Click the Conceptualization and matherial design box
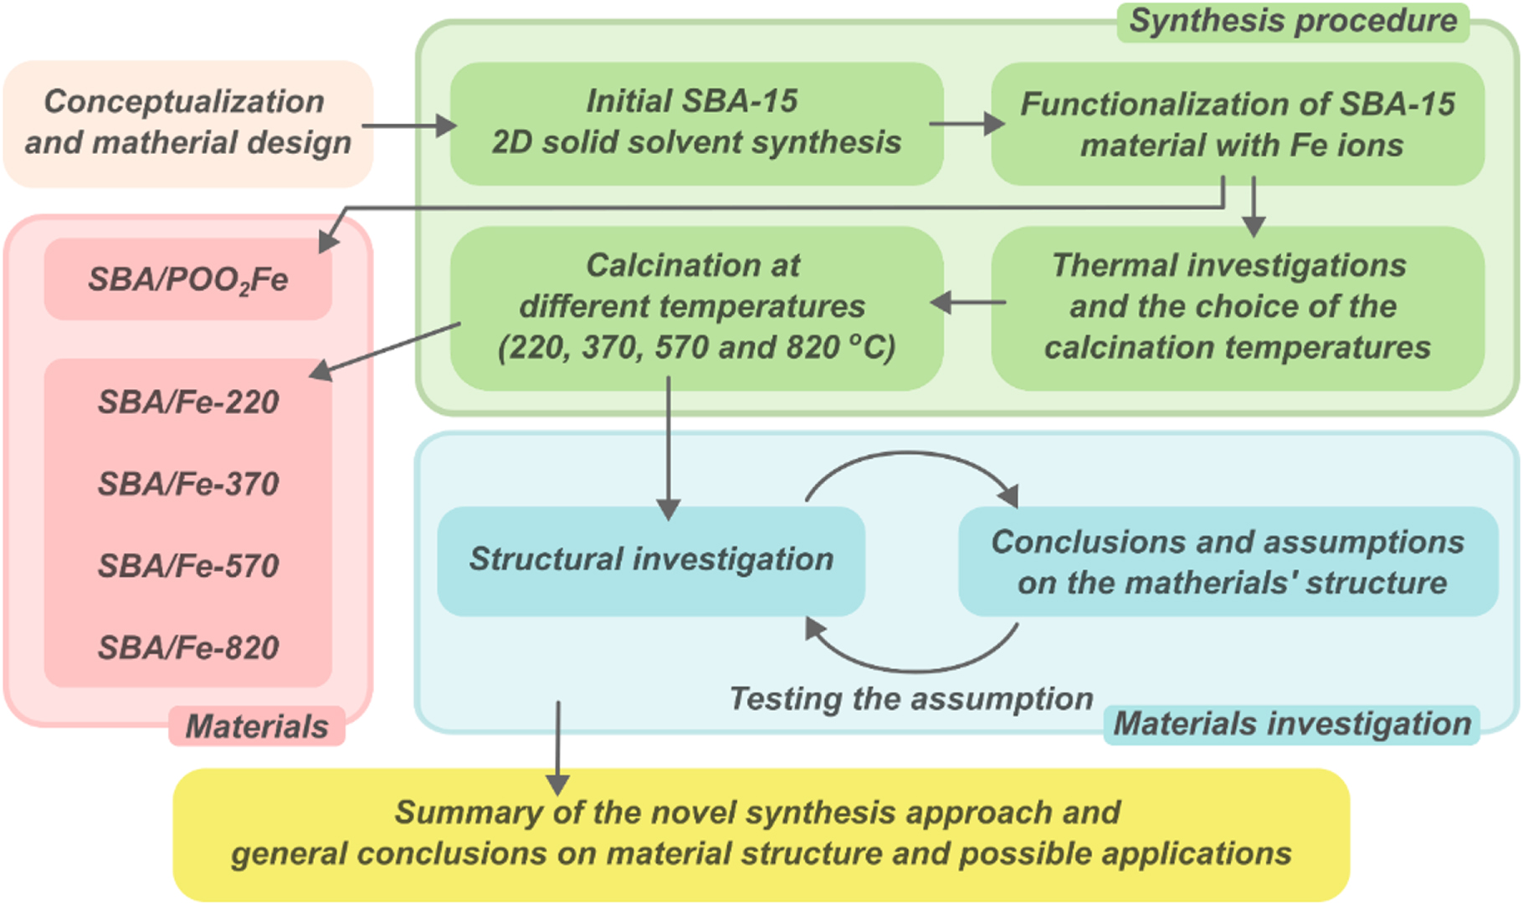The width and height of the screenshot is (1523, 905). point(187,123)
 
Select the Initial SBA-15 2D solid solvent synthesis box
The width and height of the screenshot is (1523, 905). point(695,123)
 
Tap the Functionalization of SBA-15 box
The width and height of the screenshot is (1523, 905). point(1237,124)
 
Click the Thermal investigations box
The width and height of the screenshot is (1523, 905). point(1237,307)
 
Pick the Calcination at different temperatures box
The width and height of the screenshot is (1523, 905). point(695,307)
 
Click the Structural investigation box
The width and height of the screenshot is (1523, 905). point(650,560)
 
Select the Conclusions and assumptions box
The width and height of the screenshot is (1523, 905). point(1227,562)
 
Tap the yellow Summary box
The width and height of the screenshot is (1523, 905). point(760,834)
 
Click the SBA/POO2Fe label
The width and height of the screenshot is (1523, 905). point(187,280)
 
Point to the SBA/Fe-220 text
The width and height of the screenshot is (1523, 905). point(187,403)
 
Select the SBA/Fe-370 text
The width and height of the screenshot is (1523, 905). point(187,484)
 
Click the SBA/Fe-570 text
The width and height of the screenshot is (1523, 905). point(187,566)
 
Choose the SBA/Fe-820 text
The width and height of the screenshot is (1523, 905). point(187,648)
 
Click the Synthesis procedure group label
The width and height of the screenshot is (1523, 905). point(1292,21)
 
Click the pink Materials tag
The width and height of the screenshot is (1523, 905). point(256,727)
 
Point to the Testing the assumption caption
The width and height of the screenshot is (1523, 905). point(910,699)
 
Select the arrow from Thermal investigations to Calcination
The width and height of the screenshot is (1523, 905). point(968,303)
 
